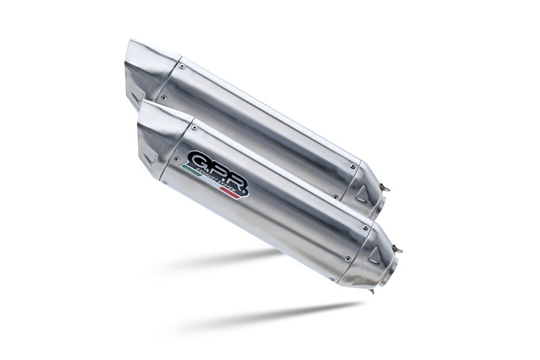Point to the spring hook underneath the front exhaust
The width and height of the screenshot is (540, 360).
[373, 292]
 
